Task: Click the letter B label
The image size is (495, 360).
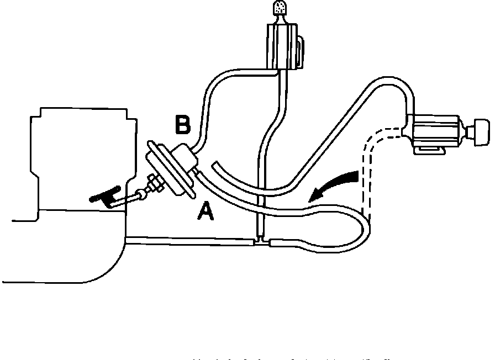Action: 182,125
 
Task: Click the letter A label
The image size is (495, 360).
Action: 206,210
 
